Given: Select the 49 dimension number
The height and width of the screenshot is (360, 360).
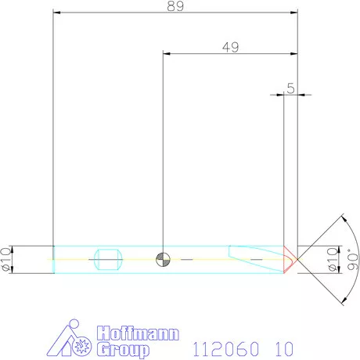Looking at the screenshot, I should (230, 47).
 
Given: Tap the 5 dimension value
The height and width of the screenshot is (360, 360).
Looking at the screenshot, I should (290, 88).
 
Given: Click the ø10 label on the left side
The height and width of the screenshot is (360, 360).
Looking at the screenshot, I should (7, 257).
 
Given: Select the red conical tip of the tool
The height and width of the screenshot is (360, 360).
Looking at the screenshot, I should (290, 257).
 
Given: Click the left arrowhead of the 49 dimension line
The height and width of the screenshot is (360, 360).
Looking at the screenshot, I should (165, 54).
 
